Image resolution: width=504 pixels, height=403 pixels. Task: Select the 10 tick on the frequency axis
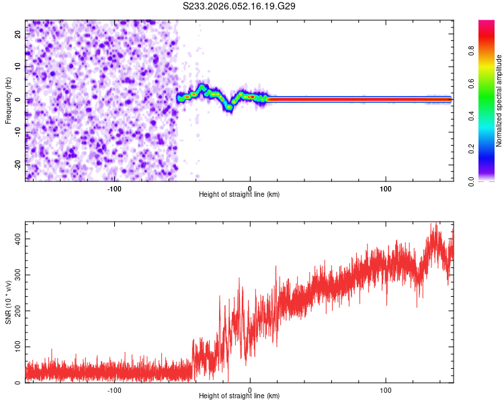point(18,67)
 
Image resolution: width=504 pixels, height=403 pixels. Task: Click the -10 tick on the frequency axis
point(18,132)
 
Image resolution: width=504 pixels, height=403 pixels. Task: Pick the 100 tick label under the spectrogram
point(386,188)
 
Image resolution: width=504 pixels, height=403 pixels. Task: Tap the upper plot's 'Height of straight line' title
point(239,195)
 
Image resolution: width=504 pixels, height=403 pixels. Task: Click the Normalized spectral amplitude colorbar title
point(499,101)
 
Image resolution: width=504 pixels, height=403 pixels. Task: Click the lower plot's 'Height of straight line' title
point(239,396)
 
